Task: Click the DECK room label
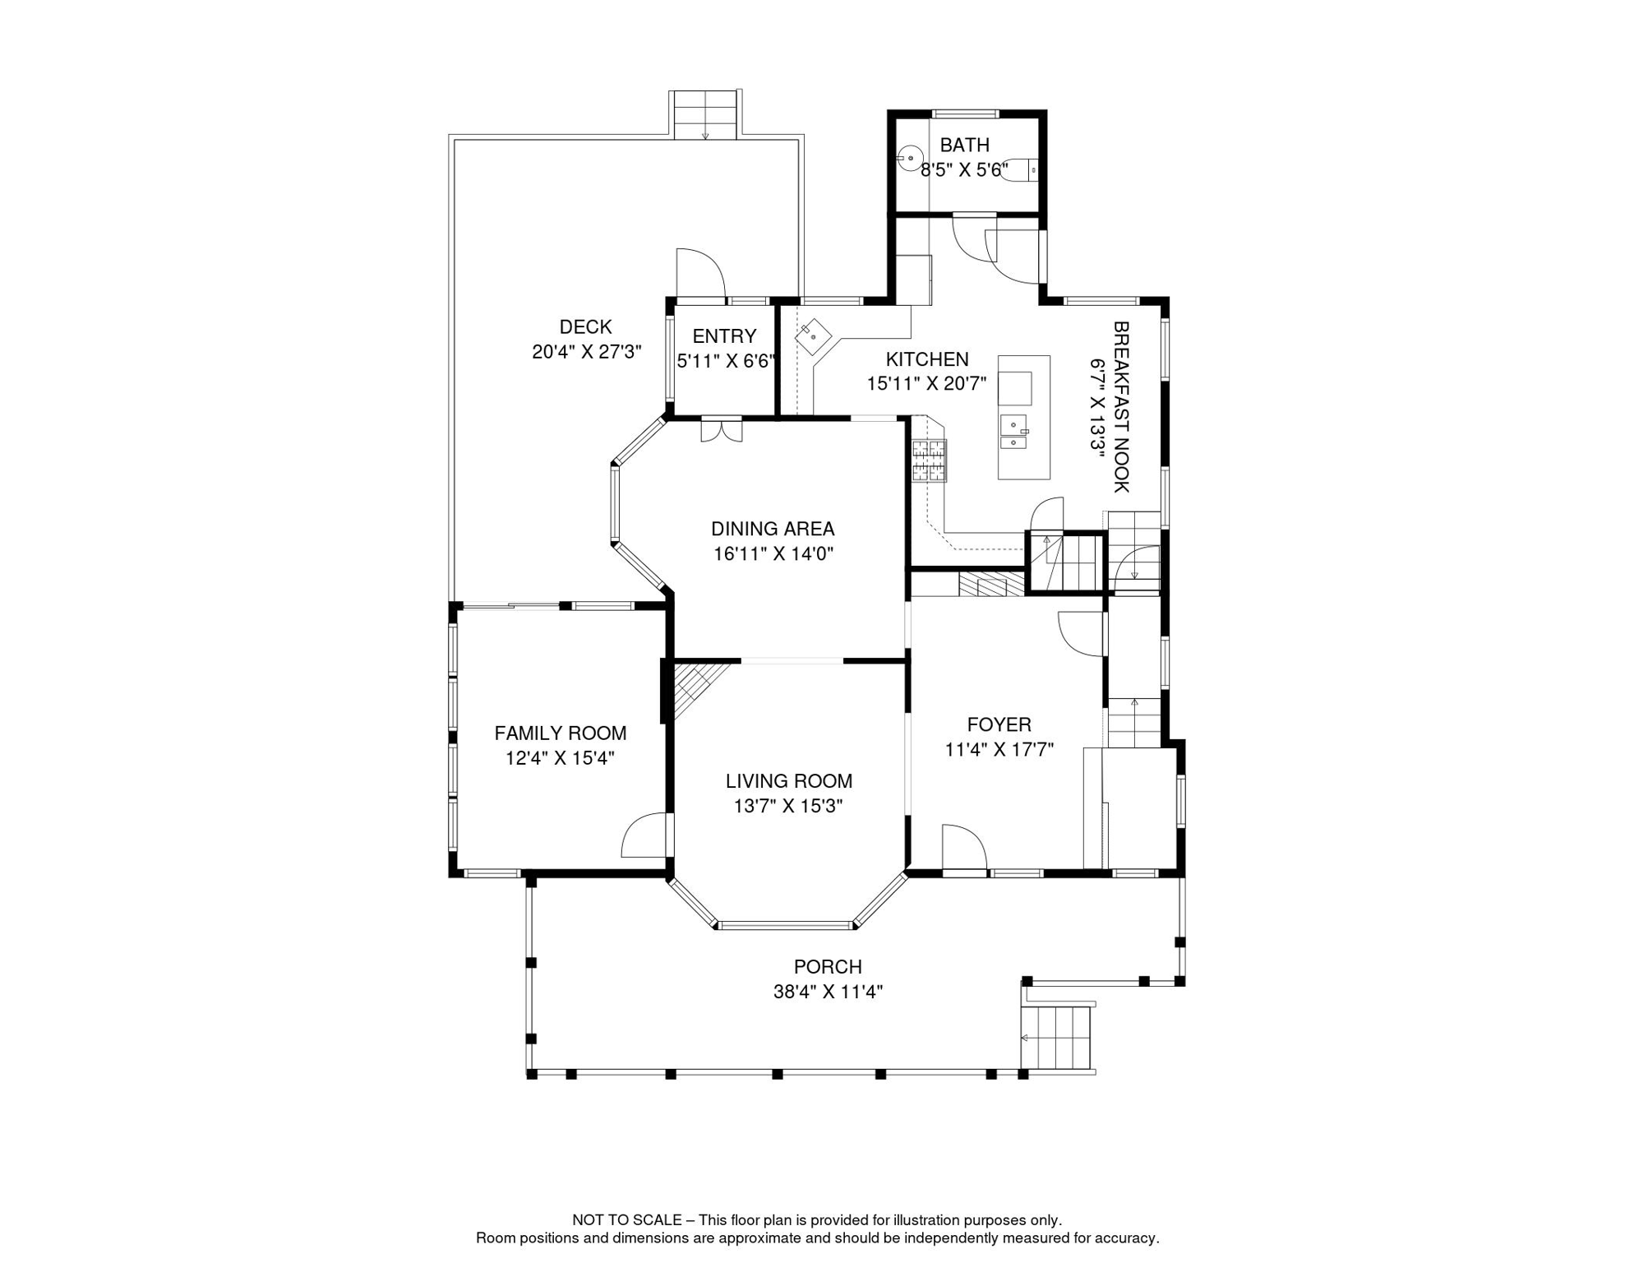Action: pyautogui.click(x=585, y=327)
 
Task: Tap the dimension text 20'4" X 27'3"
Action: pyautogui.click(x=586, y=352)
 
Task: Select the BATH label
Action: pyautogui.click(x=964, y=146)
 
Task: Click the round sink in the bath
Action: pyautogui.click(x=909, y=158)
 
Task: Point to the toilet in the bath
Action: pyautogui.click(x=1020, y=169)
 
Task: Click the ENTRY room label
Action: pyautogui.click(x=724, y=336)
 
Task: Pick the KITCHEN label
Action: pyautogui.click(x=927, y=359)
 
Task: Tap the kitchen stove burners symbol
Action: pyautogui.click(x=929, y=460)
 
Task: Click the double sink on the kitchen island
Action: pyautogui.click(x=1014, y=432)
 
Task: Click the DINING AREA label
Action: pyautogui.click(x=773, y=529)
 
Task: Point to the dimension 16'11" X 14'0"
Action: pyautogui.click(x=773, y=554)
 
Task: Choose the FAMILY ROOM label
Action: pyautogui.click(x=561, y=733)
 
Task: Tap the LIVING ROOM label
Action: pyautogui.click(x=789, y=781)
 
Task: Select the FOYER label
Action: pyautogui.click(x=999, y=724)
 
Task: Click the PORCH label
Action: pyautogui.click(x=828, y=967)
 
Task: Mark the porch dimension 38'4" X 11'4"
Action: pyautogui.click(x=828, y=992)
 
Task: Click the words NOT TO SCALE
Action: pyautogui.click(x=627, y=1220)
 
